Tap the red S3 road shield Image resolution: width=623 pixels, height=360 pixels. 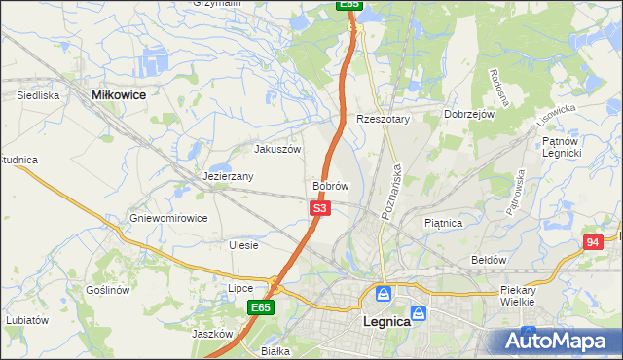tap(321, 208)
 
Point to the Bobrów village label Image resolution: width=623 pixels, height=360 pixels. tap(330, 185)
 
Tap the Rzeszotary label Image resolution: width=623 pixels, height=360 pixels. tap(384, 119)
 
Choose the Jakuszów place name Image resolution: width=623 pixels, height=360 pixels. tap(277, 150)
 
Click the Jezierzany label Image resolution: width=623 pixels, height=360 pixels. tap(229, 177)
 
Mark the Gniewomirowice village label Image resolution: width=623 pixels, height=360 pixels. tap(168, 218)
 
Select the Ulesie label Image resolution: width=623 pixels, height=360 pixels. tap(243, 245)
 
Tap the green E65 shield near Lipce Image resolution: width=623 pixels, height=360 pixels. tap(259, 307)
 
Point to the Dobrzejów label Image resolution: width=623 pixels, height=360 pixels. tap(470, 114)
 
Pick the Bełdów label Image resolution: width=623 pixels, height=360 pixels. tap(489, 260)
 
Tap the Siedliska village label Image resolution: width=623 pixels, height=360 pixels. tap(39, 96)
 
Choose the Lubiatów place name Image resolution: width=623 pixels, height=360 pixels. tap(26, 319)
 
